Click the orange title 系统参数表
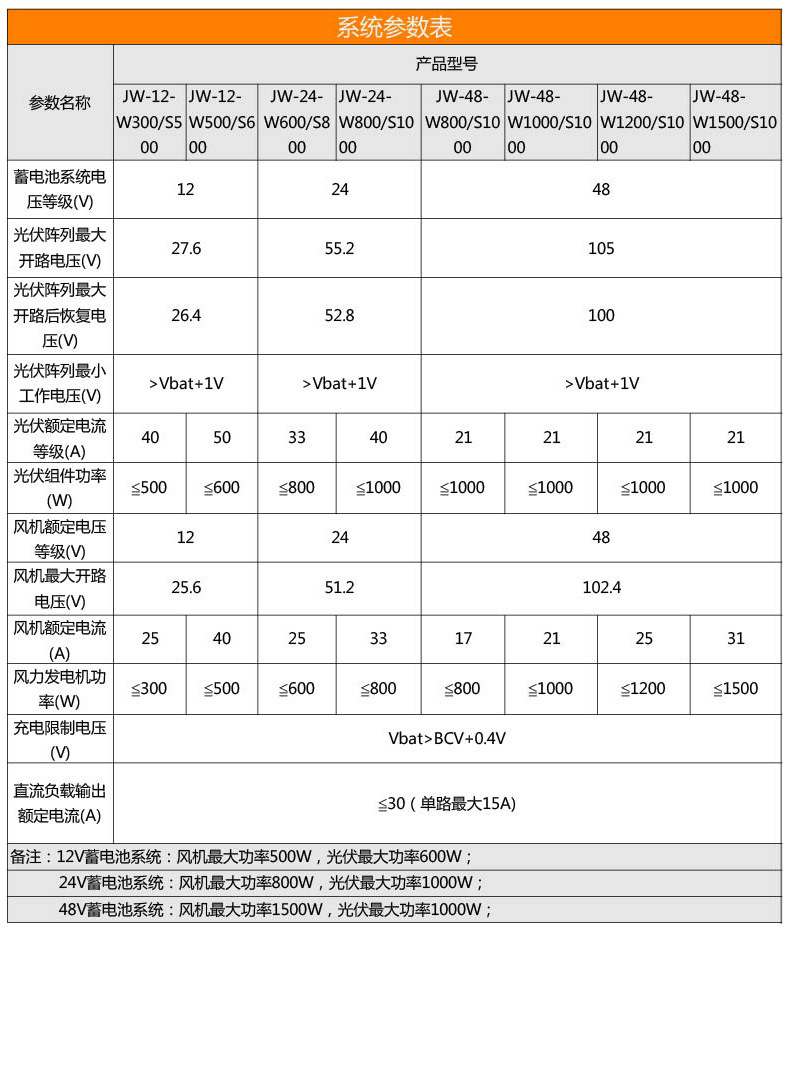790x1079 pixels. tap(394, 27)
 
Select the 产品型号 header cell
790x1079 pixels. tap(446, 64)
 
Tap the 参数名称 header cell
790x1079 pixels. tap(60, 102)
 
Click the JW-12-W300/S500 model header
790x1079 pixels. tap(149, 122)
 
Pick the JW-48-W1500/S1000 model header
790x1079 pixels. tap(735, 122)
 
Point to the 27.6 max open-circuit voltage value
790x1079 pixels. tap(186, 248)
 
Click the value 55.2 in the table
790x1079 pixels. tap(340, 248)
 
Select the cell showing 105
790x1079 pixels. tap(601, 248)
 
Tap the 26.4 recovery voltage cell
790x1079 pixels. tap(186, 315)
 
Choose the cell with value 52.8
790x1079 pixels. tap(340, 315)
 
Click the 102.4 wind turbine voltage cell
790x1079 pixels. tap(601, 587)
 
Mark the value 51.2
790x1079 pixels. tap(340, 587)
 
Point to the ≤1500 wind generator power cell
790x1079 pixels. tap(735, 688)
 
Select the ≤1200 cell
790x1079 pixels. tap(643, 688)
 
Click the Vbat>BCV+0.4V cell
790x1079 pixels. tap(447, 739)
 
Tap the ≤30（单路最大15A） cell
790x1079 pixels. tap(447, 803)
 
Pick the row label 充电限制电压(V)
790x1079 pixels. tap(60, 739)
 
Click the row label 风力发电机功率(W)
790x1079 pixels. tap(60, 688)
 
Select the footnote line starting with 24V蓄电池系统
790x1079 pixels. tap(271, 883)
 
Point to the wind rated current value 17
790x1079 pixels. tap(463, 638)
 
